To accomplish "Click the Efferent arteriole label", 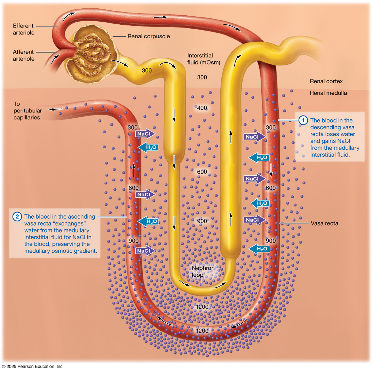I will coord(23,29).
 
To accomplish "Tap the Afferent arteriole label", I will coord(23,55).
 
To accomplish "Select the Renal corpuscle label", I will coord(149,36).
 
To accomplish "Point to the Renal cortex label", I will coord(326,81).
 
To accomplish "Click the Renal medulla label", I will coord(328,93).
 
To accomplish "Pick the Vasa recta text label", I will coord(324,223).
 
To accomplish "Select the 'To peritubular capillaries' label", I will coord(27,111).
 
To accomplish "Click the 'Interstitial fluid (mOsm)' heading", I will coord(200,59).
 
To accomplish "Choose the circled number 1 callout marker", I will coord(303,120).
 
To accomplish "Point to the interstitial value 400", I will coord(202,108).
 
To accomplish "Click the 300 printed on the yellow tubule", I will coord(147,71).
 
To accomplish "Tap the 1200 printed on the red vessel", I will coord(202,331).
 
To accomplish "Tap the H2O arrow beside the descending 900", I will coord(260,249).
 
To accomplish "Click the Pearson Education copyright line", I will coord(33,366).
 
